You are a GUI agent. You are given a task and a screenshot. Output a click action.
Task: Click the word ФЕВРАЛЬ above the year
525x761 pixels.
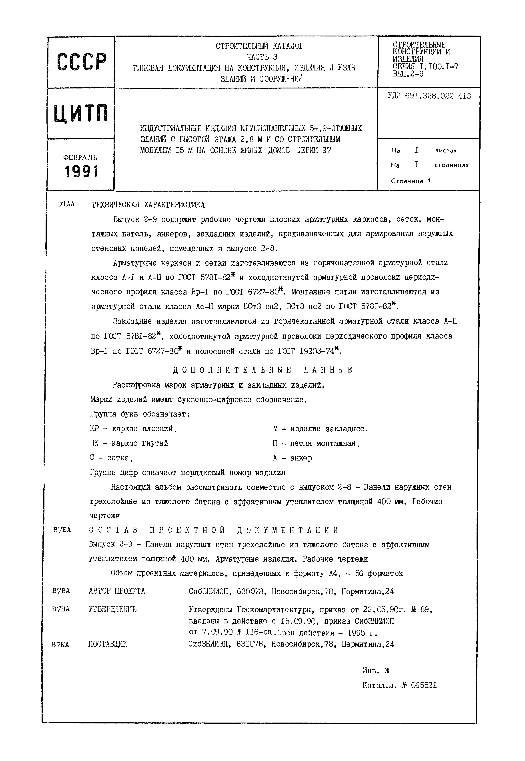(80, 158)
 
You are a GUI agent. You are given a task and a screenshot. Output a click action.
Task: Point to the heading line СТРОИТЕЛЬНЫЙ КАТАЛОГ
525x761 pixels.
(260, 46)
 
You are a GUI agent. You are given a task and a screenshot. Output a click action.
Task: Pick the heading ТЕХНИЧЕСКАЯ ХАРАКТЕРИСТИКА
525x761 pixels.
(148, 205)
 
